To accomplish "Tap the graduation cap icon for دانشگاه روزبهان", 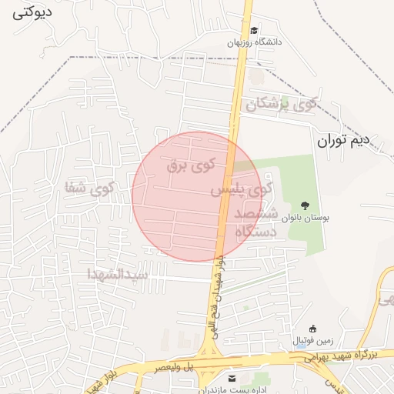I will coord(254,31).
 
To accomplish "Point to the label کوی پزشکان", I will coord(281,104).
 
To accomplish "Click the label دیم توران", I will coord(342,141).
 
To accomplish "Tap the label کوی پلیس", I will coord(242,188).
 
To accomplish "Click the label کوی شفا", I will coord(90,185).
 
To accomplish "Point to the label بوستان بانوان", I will coord(305,219).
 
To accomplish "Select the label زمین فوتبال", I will coord(312,340).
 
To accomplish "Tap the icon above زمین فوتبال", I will coord(312,329).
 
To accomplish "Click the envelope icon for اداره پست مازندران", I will coord(232,379).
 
